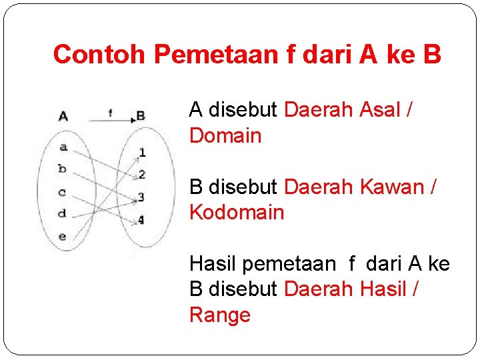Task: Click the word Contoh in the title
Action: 100,55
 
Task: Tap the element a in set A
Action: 63,147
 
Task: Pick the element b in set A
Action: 62,169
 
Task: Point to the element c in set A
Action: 62,193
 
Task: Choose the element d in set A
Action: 62,213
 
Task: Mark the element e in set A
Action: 62,236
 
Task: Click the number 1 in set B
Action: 142,153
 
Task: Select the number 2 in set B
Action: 141,175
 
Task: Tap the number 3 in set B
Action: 141,197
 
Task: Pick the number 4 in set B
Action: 141,219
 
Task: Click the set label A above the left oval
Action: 63,116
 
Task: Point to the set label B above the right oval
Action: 141,116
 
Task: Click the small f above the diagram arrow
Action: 110,113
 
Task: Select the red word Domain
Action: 225,136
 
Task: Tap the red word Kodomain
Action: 237,213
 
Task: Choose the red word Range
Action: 220,315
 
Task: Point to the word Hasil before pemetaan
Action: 213,264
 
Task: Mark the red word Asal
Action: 380,110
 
